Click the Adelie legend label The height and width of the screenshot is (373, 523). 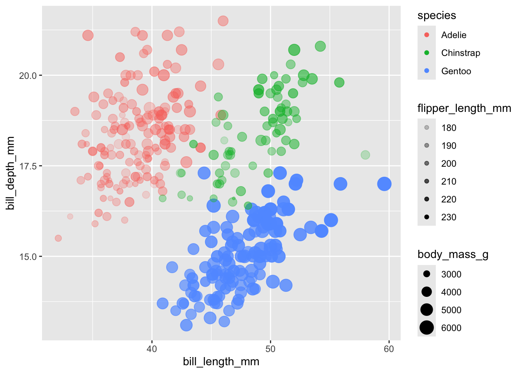[453, 35]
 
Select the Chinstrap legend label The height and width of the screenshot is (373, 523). [460, 53]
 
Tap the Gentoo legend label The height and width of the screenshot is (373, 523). [456, 71]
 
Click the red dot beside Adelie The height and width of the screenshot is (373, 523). [426, 35]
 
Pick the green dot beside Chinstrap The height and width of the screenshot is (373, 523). [426, 53]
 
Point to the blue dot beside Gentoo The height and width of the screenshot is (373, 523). [426, 71]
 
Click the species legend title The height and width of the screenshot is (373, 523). [437, 16]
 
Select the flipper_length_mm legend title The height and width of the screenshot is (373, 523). [464, 108]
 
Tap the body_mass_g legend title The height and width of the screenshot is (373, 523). [453, 254]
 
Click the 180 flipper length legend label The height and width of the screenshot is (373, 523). [449, 128]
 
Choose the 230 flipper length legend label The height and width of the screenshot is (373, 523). [449, 217]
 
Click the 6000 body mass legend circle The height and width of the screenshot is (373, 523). [426, 328]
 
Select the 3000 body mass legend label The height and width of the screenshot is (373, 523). [451, 274]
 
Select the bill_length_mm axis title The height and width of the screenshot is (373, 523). [221, 362]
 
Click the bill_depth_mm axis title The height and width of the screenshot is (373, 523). [11, 173]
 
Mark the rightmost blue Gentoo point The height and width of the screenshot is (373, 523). [384, 184]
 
